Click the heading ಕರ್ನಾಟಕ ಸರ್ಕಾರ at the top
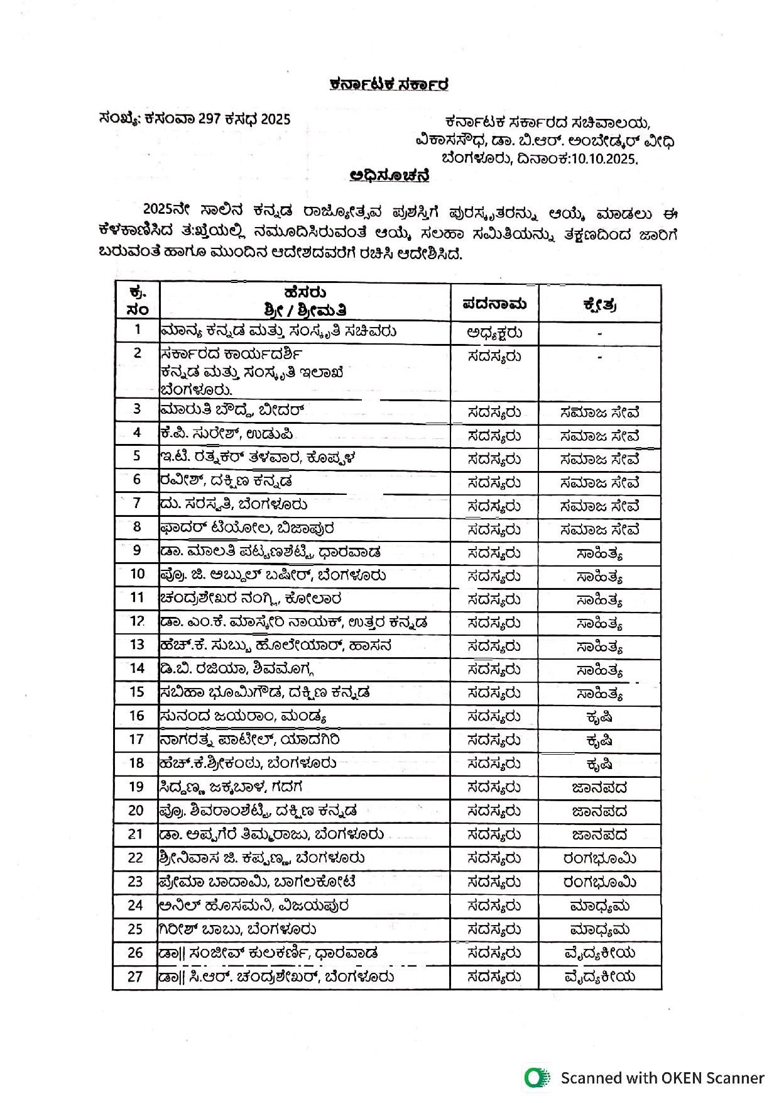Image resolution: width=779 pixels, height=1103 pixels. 389,84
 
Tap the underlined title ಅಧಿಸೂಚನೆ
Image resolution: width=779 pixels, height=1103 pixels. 389,175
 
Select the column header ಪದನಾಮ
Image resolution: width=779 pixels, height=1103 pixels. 494,304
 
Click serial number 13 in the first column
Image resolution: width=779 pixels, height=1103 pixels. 137,645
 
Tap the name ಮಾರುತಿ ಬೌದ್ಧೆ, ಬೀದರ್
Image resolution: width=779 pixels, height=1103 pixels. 232,411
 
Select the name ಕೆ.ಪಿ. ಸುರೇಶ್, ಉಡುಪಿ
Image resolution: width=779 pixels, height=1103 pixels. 226,434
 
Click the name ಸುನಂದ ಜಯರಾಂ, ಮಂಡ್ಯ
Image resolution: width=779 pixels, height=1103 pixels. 242,716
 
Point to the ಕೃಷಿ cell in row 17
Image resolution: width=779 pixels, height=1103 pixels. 599,740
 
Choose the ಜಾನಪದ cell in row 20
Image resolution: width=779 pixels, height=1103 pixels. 599,811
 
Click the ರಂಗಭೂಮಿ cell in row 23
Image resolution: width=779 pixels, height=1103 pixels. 599,882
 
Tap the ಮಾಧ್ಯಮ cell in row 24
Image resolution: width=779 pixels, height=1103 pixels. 599,906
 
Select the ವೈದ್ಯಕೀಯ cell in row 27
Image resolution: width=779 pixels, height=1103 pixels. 599,977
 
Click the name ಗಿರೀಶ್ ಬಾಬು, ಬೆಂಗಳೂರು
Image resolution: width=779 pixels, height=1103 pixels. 237,929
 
